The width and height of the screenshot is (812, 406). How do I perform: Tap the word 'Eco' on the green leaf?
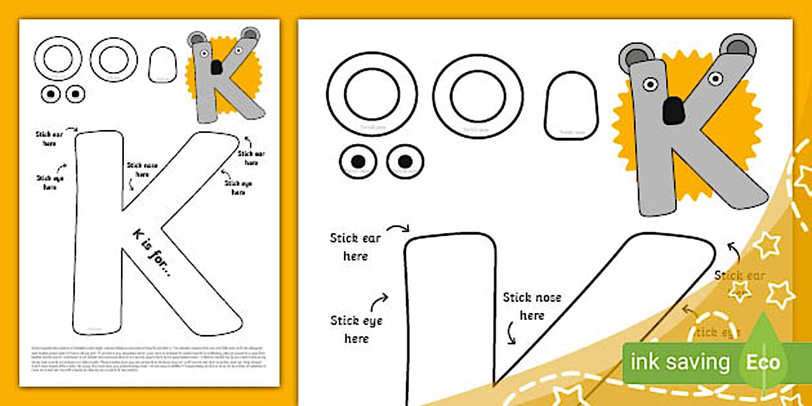tap(763, 362)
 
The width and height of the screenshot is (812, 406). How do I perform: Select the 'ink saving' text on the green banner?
tap(679, 362)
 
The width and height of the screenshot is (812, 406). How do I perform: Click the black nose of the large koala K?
tap(673, 110)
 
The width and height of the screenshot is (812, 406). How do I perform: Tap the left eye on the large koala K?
tap(650, 84)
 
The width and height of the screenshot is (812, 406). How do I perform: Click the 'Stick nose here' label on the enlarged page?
tap(532, 306)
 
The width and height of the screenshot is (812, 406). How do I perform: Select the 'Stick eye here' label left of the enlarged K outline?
tap(356, 329)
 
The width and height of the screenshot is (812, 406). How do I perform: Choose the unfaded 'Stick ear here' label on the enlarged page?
tap(356, 247)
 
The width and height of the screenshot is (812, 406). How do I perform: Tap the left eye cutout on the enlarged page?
tap(358, 161)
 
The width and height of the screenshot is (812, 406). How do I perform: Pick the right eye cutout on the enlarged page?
tap(405, 161)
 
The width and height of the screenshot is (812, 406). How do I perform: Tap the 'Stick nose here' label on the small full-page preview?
tap(142, 169)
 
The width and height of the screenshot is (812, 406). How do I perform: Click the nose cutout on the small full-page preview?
tap(162, 65)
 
